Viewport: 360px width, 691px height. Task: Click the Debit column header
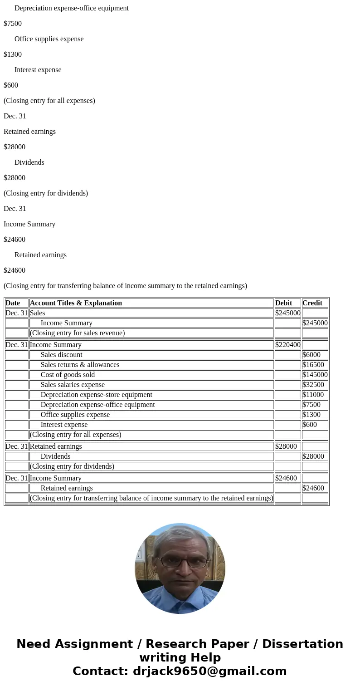tap(284, 303)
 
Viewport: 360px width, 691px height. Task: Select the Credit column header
tap(312, 303)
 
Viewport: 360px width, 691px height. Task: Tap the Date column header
tap(13, 303)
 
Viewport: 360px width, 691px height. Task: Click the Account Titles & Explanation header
tap(76, 303)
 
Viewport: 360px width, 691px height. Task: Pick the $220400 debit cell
tap(287, 345)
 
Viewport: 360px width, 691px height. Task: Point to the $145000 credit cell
tap(315, 375)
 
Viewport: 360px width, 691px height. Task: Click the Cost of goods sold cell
tap(68, 375)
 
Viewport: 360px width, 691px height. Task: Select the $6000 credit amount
tap(311, 355)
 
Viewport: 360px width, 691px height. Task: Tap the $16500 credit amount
tap(313, 365)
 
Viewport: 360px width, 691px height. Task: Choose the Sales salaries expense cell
tap(73, 385)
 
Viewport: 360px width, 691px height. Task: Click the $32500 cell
tap(313, 385)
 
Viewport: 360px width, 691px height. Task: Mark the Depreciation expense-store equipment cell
tap(96, 395)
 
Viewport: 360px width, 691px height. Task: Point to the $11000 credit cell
tap(313, 395)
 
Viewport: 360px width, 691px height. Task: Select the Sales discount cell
tap(61, 355)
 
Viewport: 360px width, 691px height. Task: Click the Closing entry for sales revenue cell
tap(78, 333)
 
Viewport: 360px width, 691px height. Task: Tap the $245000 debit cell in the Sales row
tap(287, 313)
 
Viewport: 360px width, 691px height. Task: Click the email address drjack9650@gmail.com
tap(209, 671)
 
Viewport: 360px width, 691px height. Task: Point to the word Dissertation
tap(302, 644)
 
